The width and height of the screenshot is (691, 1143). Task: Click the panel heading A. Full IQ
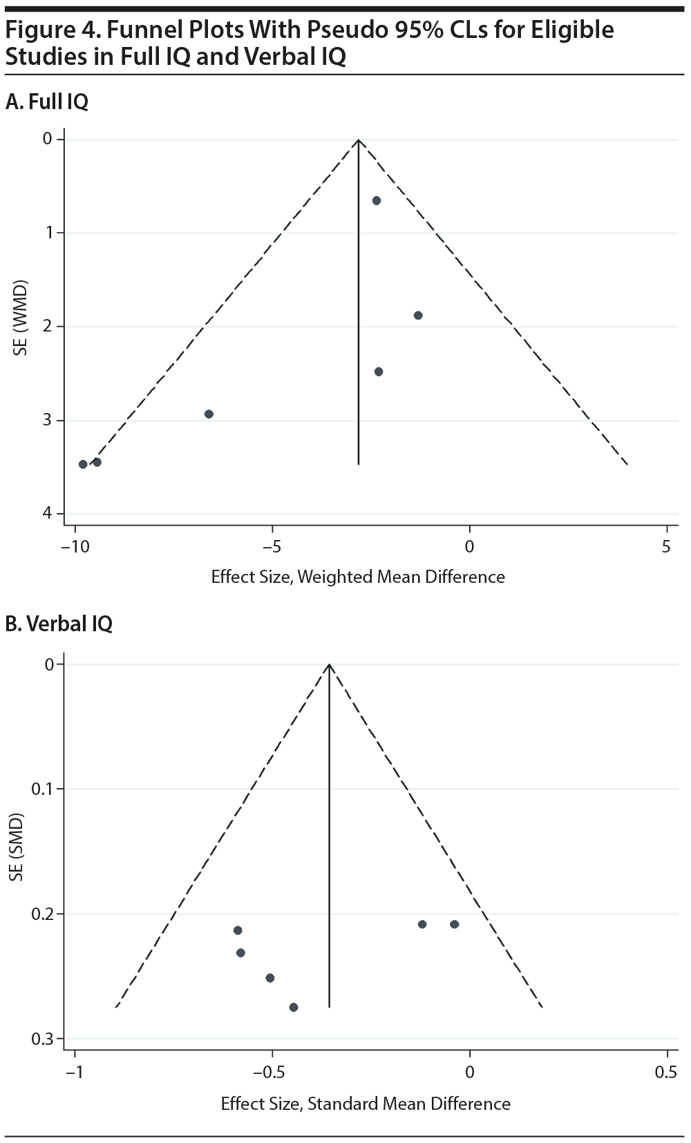pyautogui.click(x=47, y=102)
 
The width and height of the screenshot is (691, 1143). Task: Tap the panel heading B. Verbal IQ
pyautogui.click(x=59, y=624)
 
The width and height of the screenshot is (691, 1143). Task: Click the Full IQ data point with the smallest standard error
pyautogui.click(x=377, y=200)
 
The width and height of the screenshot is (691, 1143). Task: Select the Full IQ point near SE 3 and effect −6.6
pyautogui.click(x=209, y=414)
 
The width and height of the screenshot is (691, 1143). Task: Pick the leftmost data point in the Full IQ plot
pyautogui.click(x=83, y=464)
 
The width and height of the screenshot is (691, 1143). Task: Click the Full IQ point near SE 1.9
pyautogui.click(x=418, y=316)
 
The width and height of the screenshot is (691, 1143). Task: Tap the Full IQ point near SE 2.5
pyautogui.click(x=379, y=372)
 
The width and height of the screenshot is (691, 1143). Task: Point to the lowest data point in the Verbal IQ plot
pyautogui.click(x=294, y=1007)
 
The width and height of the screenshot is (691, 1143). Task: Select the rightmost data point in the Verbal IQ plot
pyautogui.click(x=454, y=924)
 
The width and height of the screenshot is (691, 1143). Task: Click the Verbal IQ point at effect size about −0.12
pyautogui.click(x=422, y=924)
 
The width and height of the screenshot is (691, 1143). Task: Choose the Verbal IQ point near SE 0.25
pyautogui.click(x=270, y=977)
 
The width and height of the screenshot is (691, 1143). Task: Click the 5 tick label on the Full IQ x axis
pyautogui.click(x=666, y=547)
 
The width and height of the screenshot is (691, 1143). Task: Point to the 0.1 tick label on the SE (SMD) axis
pyautogui.click(x=42, y=789)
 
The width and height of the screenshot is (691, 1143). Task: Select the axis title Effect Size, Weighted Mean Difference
pyautogui.click(x=358, y=577)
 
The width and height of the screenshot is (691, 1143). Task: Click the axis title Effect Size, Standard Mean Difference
pyautogui.click(x=366, y=1104)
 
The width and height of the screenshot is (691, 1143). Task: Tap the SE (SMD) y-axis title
pyautogui.click(x=18, y=847)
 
